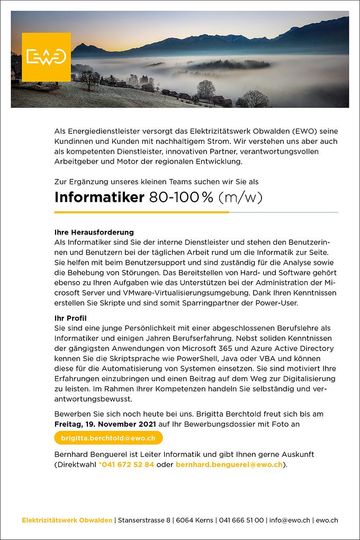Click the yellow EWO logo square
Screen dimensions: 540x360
click(x=46, y=57)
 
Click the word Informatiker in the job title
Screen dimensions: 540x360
click(x=99, y=197)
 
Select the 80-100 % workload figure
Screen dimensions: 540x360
click(x=181, y=197)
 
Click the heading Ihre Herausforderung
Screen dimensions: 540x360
click(x=94, y=232)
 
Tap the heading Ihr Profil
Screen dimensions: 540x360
click(x=70, y=318)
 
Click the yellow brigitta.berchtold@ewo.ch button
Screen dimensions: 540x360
click(x=109, y=438)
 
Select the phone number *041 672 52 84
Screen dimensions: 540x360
click(x=127, y=464)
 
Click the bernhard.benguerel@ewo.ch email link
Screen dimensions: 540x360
click(x=228, y=464)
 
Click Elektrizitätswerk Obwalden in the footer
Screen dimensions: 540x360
click(x=67, y=520)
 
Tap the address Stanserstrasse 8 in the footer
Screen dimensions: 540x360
click(x=144, y=520)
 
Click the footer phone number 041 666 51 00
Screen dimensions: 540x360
click(x=241, y=520)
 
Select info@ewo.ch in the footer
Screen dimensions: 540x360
click(x=290, y=520)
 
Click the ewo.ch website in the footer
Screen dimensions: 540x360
click(x=327, y=520)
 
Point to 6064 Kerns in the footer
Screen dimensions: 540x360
click(x=195, y=520)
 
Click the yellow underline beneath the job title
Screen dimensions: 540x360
click(x=141, y=212)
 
